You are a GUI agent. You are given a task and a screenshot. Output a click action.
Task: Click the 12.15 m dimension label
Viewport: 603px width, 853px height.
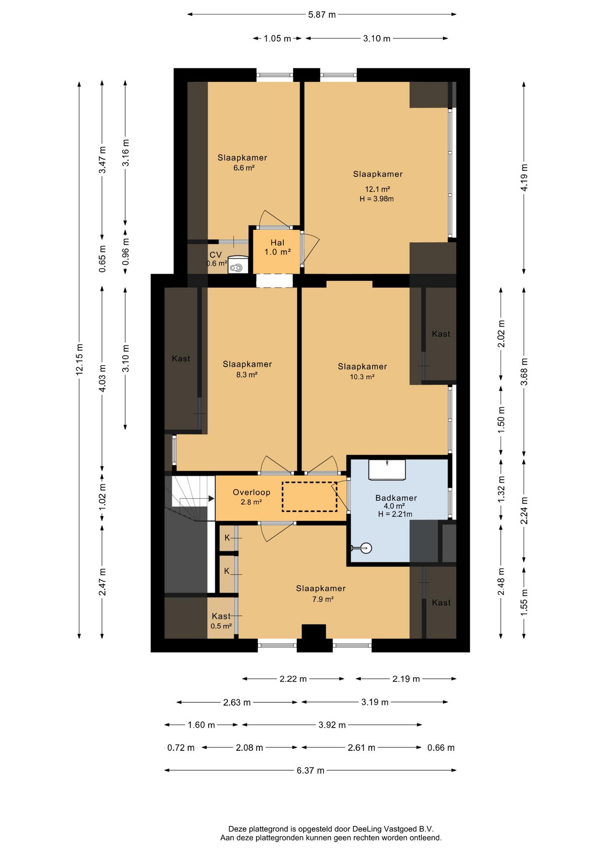pyautogui.click(x=79, y=359)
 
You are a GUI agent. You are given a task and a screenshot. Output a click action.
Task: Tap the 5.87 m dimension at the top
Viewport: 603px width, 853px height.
pyautogui.click(x=322, y=15)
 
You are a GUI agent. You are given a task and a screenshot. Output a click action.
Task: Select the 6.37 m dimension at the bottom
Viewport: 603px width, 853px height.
pyautogui.click(x=310, y=770)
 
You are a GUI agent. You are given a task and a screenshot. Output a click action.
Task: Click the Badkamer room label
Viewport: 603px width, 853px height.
pyautogui.click(x=396, y=498)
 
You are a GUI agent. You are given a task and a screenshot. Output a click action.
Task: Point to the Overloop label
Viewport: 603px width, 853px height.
pyautogui.click(x=251, y=492)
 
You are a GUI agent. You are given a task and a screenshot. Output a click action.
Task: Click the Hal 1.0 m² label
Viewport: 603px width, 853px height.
pyautogui.click(x=278, y=247)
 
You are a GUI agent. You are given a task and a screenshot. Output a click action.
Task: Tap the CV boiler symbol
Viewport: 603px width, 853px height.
pyautogui.click(x=238, y=265)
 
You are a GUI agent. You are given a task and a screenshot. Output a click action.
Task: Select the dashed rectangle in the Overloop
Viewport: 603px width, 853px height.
pyautogui.click(x=309, y=497)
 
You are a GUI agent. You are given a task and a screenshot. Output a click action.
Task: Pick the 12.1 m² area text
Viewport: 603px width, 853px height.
pyautogui.click(x=377, y=189)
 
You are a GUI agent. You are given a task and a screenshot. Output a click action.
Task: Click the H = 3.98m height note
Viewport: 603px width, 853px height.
pyautogui.click(x=377, y=199)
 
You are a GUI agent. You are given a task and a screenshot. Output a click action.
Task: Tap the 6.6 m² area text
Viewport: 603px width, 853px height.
pyautogui.click(x=244, y=168)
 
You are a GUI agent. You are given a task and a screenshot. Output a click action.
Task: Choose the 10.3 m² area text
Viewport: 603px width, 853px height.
pyautogui.click(x=362, y=377)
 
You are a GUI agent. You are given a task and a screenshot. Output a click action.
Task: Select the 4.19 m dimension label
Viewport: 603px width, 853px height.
pyautogui.click(x=524, y=178)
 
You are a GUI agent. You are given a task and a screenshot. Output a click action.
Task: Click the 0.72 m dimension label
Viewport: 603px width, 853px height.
pyautogui.click(x=181, y=748)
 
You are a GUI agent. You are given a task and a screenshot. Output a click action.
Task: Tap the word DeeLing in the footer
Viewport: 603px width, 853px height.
pyautogui.click(x=367, y=829)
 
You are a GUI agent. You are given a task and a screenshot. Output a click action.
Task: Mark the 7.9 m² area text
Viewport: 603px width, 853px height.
pyautogui.click(x=323, y=599)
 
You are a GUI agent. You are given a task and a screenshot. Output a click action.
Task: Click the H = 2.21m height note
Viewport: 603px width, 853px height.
pyautogui.click(x=395, y=514)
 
